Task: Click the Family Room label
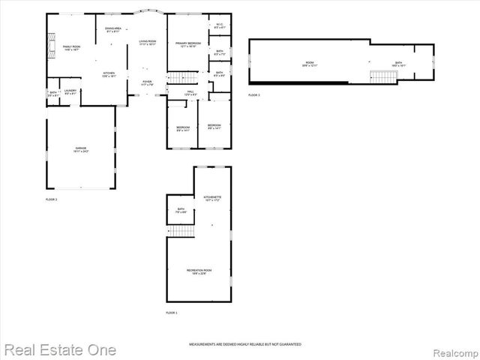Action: coord(71,48)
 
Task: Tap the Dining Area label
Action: coord(113,30)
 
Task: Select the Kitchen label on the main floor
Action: coord(109,74)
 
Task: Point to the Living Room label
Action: coord(148,43)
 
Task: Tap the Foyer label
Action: coord(148,83)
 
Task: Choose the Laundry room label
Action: coord(70,92)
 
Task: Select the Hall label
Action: coord(190,93)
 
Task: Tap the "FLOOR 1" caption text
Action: coord(172,312)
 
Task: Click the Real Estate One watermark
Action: coord(59,350)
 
